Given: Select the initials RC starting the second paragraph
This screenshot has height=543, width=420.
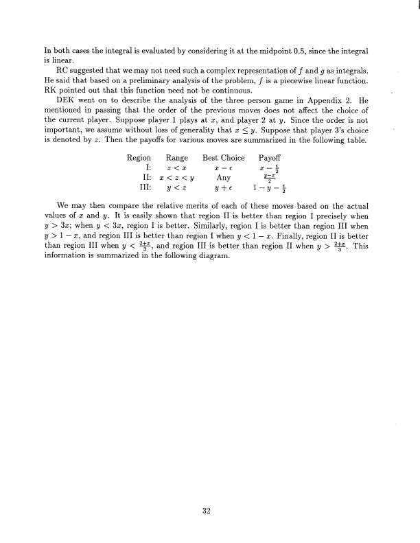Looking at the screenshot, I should click(61, 70).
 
